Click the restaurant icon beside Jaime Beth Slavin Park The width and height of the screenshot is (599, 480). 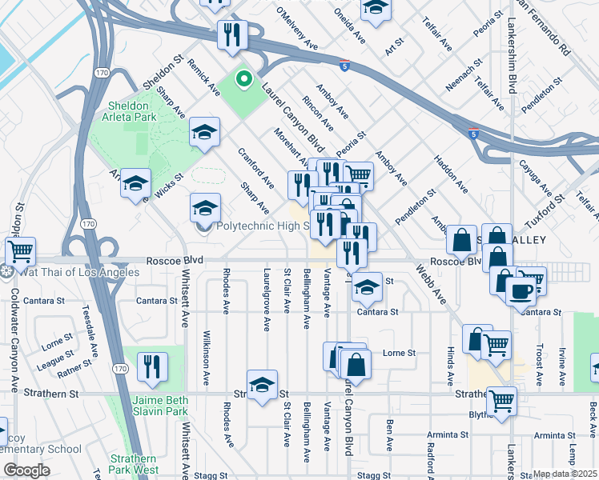click(x=150, y=367)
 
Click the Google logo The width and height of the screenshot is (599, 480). click(x=27, y=470)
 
